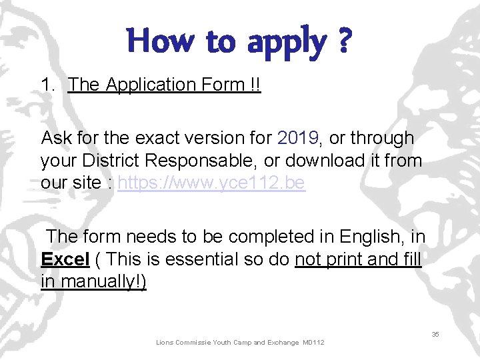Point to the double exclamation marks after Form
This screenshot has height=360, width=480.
(x=256, y=85)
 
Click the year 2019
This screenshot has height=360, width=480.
(x=299, y=138)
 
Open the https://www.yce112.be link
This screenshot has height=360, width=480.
(x=211, y=183)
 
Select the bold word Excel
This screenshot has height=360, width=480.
(x=65, y=259)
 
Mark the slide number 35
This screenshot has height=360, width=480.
(x=435, y=334)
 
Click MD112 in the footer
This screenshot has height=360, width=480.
(x=313, y=343)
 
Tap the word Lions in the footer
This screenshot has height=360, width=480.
(x=165, y=343)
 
